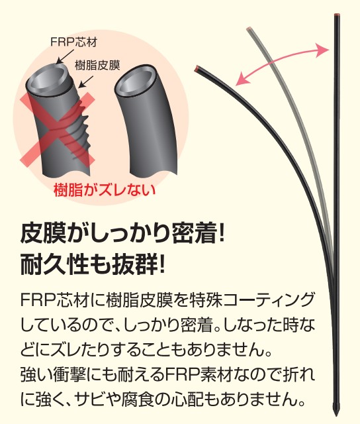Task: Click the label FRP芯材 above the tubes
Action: coord(73,42)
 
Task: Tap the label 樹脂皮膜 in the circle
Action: coord(97,66)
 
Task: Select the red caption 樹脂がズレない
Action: coord(105,190)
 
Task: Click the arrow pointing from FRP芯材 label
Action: coord(64,56)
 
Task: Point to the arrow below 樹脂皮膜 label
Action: coord(85,81)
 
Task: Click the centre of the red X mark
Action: coord(58,131)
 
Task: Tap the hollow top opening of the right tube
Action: coord(136,80)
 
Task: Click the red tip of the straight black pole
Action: coord(336,15)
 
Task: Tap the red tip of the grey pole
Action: coord(249,28)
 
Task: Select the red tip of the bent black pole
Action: coord(197,68)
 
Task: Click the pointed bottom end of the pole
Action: coord(336,415)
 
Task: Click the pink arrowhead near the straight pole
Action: coord(324,50)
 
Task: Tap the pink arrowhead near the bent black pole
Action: coord(241,79)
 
